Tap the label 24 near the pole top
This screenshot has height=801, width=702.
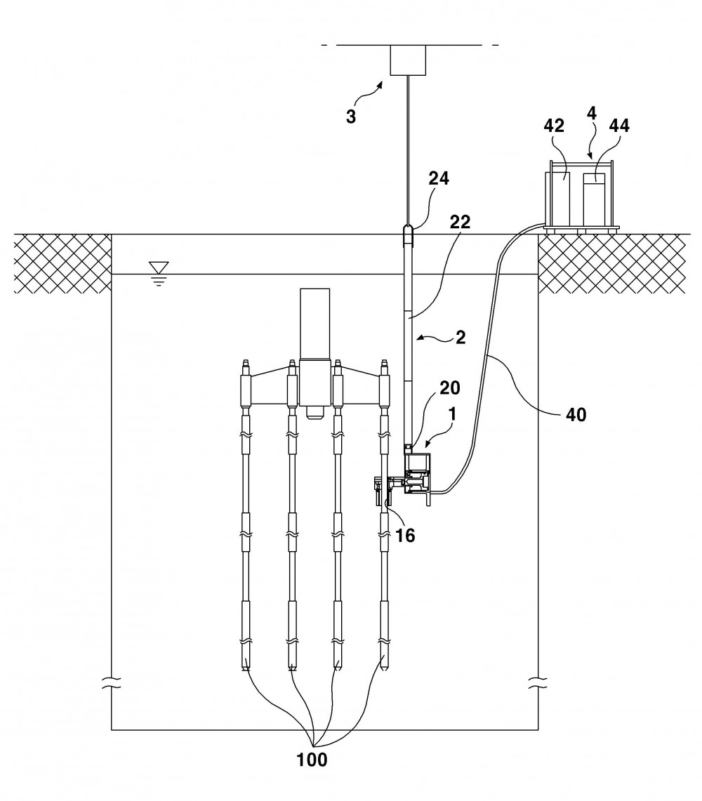(439, 178)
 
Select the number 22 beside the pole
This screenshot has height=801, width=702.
(461, 222)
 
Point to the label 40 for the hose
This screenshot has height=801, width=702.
(576, 415)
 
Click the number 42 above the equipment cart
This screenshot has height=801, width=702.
(554, 126)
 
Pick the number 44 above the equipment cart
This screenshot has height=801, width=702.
(618, 126)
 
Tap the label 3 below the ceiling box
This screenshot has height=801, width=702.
(350, 117)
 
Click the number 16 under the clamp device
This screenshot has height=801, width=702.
(405, 536)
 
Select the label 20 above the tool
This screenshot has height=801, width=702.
(449, 388)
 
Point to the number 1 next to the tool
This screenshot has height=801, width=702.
(452, 414)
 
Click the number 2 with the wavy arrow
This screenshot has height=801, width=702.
(461, 337)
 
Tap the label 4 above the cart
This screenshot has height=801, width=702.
(591, 113)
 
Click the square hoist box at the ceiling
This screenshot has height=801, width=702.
(409, 60)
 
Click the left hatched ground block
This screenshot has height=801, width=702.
(63, 263)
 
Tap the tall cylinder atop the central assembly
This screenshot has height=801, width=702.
(314, 324)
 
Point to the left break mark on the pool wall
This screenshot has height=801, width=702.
(112, 682)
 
